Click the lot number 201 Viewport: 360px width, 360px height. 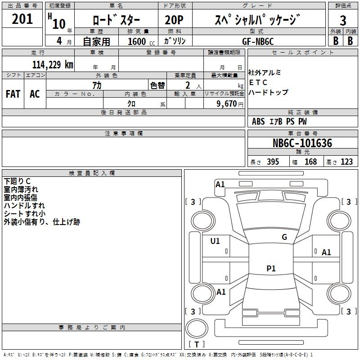(22, 19)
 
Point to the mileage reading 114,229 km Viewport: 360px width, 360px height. (53, 64)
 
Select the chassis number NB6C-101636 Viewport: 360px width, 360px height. (302, 144)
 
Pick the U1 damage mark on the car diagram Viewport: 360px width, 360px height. (215, 241)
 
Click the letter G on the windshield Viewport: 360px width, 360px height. (284, 237)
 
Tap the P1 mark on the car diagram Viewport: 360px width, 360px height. (271, 269)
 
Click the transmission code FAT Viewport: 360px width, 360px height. (13, 94)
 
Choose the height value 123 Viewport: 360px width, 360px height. (346, 162)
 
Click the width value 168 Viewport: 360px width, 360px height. (310, 162)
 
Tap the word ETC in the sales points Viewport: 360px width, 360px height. (258, 82)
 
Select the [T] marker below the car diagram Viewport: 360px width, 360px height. (196, 345)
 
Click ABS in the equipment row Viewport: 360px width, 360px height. (258, 121)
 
